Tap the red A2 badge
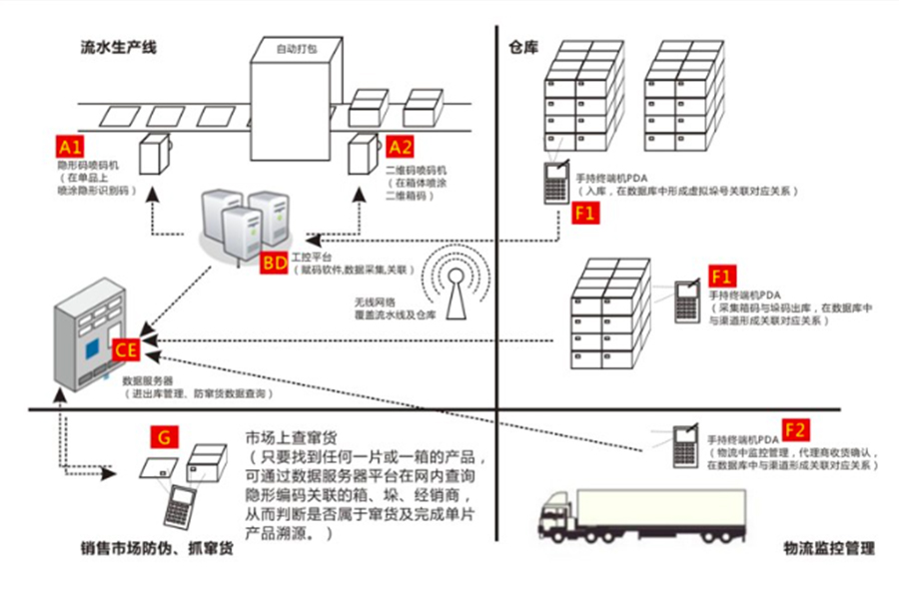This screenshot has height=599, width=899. [x=401, y=147]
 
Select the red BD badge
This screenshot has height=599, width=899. [x=273, y=264]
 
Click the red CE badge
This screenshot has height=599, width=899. [x=127, y=349]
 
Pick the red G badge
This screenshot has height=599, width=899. [x=163, y=437]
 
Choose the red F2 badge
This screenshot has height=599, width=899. [x=796, y=430]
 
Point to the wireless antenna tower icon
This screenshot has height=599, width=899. [x=455, y=284]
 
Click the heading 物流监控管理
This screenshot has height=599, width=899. [x=829, y=548]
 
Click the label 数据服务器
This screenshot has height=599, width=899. [x=148, y=380]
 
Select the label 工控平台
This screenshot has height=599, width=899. [x=310, y=258]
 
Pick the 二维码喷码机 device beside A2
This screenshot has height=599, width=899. [x=361, y=155]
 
